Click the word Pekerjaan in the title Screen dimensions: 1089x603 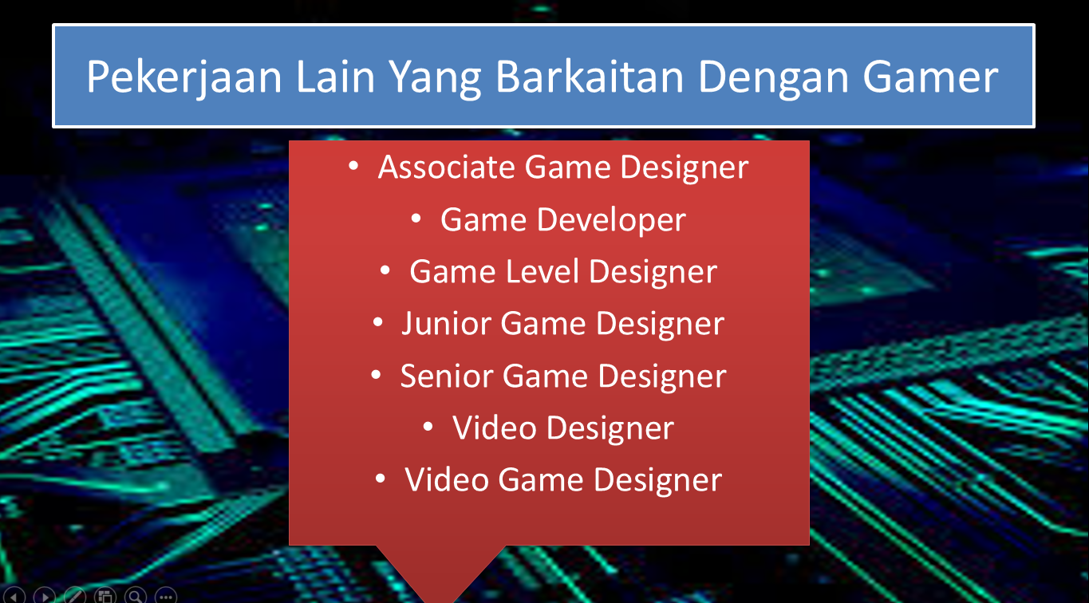click(x=184, y=77)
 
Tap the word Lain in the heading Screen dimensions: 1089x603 click(x=335, y=77)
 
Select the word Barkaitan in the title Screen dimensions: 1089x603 click(x=590, y=77)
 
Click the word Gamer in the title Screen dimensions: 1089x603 click(x=930, y=77)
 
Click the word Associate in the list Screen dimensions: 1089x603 click(x=446, y=167)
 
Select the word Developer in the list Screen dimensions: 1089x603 click(x=611, y=221)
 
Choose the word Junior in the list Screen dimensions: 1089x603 click(x=446, y=324)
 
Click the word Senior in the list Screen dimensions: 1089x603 click(x=447, y=376)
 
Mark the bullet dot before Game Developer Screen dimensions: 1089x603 click(x=416, y=219)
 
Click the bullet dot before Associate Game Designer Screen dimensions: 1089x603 click(x=353, y=166)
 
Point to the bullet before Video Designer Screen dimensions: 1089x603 click(x=428, y=427)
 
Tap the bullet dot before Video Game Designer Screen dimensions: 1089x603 click(x=381, y=479)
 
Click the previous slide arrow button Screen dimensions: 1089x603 click(x=14, y=596)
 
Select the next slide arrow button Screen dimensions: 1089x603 click(x=44, y=596)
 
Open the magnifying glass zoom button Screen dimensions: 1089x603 click(x=136, y=596)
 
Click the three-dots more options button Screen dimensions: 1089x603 click(x=166, y=596)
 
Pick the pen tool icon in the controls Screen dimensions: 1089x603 click(x=75, y=596)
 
